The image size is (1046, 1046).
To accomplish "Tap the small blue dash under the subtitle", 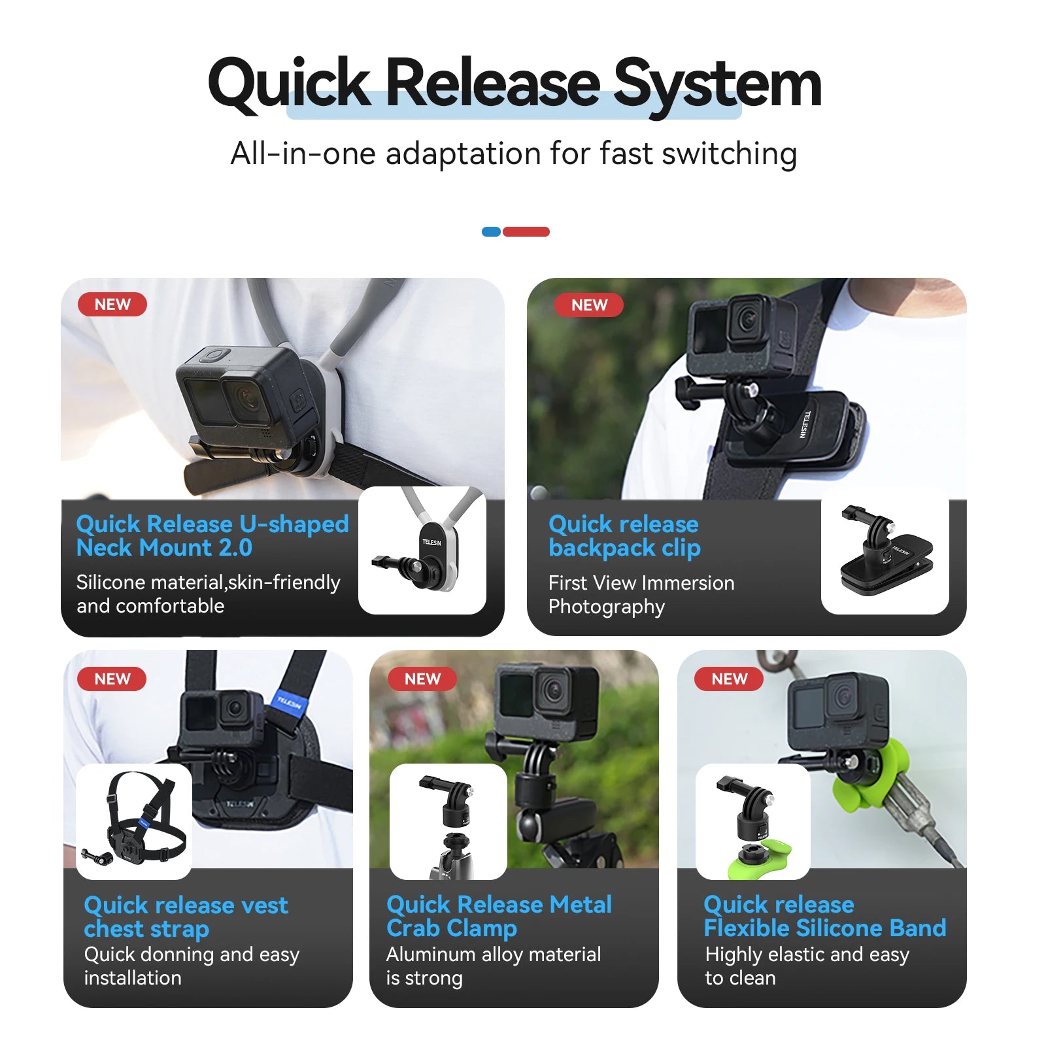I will [x=491, y=231].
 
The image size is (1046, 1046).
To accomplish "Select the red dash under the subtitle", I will [x=526, y=231].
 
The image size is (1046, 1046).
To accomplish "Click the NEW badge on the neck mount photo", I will [x=112, y=305].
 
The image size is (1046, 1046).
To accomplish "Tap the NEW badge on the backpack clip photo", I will [x=589, y=305].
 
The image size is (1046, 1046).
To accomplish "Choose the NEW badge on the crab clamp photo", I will [x=422, y=679].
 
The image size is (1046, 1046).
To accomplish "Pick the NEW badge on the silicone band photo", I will [x=729, y=679].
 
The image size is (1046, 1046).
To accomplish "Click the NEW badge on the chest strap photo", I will [x=112, y=679].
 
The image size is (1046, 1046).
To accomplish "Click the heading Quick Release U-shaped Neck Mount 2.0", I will [x=212, y=535].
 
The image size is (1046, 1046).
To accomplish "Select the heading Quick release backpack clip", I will [x=624, y=535].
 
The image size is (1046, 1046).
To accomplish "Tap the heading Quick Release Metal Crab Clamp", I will [x=499, y=916].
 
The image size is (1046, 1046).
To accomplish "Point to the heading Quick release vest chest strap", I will [x=186, y=917].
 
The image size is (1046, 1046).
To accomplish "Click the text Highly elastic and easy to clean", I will [x=807, y=966].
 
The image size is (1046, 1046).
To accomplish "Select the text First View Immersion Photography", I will [x=641, y=594].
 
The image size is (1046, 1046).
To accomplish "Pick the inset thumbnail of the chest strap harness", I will [x=134, y=821].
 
